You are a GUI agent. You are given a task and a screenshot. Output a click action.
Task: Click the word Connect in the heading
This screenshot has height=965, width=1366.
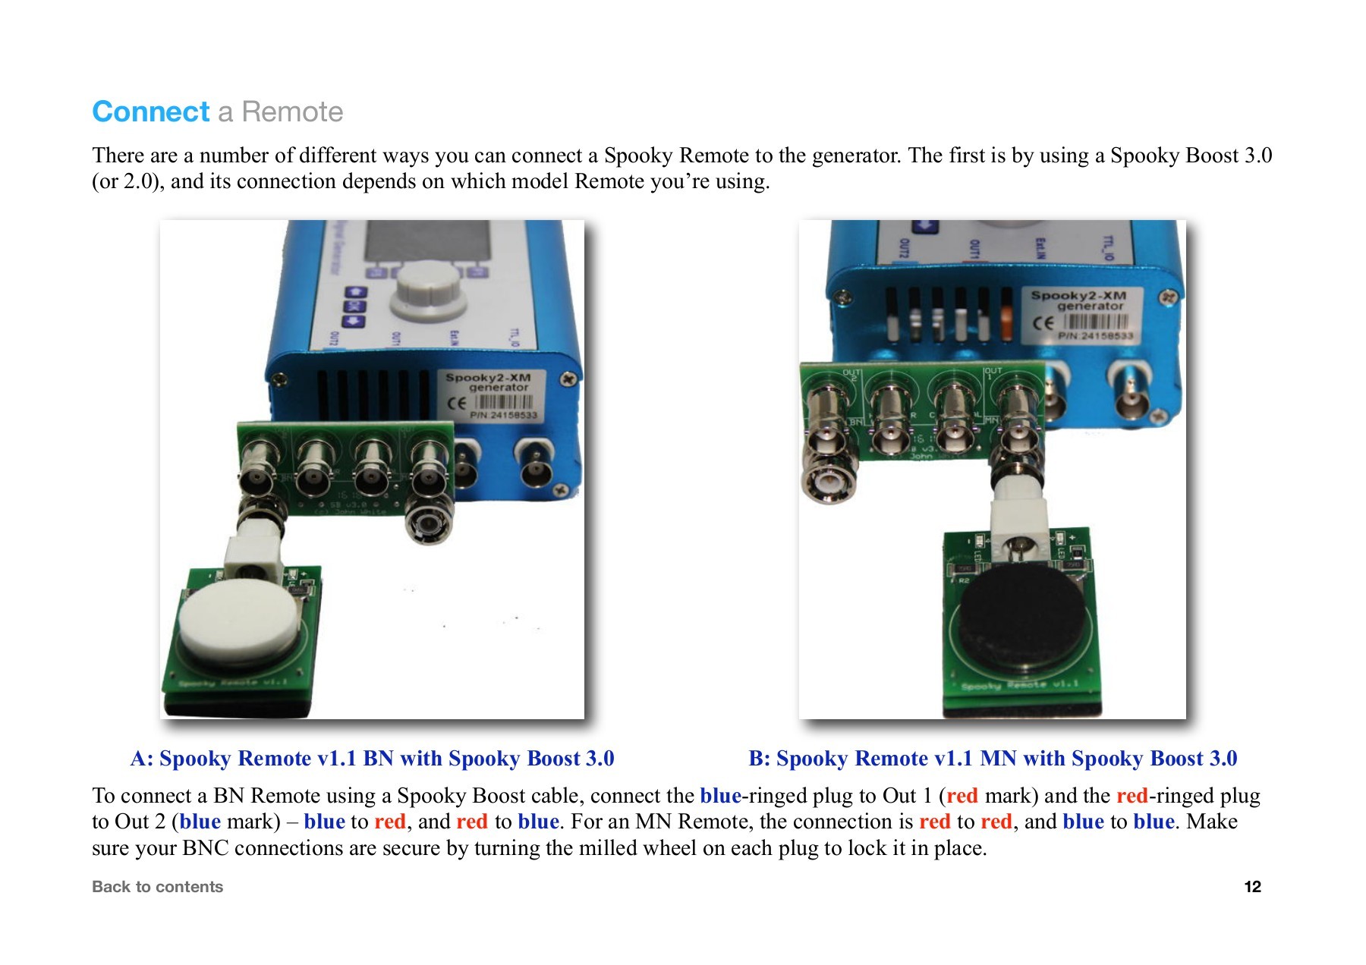150,112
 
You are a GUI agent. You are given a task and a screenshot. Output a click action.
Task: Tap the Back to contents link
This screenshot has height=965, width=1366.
157,886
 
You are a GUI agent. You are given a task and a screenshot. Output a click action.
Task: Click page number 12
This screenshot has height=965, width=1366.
1252,886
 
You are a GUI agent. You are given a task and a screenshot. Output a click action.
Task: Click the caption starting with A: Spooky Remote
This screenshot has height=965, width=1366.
372,758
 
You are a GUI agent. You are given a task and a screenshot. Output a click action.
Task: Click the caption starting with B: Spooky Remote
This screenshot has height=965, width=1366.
993,758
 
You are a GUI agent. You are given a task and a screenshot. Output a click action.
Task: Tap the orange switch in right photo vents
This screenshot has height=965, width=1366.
1007,322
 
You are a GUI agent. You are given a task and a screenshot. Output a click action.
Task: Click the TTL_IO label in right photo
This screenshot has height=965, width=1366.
1109,247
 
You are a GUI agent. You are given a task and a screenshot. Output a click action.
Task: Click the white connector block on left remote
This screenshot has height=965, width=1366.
253,560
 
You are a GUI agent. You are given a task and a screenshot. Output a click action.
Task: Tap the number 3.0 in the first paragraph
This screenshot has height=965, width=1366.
1257,156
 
